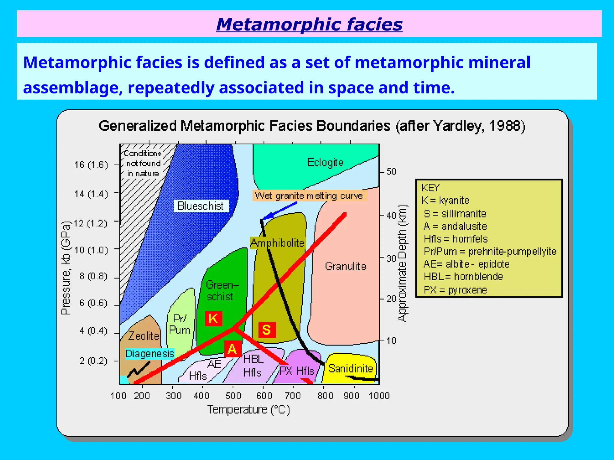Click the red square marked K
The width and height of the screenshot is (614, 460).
click(x=213, y=318)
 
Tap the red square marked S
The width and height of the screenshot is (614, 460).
click(x=267, y=330)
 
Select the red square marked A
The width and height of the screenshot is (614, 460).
click(x=233, y=349)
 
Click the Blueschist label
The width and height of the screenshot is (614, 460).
click(x=201, y=206)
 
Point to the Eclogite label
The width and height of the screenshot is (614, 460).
click(x=325, y=163)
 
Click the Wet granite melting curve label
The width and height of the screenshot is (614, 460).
click(x=309, y=196)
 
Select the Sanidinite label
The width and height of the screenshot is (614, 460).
click(x=350, y=369)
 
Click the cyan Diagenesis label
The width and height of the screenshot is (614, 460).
click(x=150, y=354)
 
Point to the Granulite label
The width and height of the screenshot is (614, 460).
click(x=345, y=266)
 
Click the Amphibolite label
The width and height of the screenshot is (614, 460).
click(x=277, y=243)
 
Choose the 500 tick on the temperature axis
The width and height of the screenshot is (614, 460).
click(x=233, y=396)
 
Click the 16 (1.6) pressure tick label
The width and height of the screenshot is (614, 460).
click(x=91, y=165)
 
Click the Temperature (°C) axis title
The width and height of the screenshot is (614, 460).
click(x=249, y=409)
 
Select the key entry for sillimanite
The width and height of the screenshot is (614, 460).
click(x=455, y=214)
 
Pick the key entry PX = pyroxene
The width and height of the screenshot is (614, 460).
click(x=455, y=290)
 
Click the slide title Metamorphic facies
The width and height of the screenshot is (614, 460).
click(x=309, y=24)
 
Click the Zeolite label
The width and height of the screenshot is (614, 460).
click(x=144, y=336)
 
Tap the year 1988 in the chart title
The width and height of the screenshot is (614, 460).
click(x=505, y=126)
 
